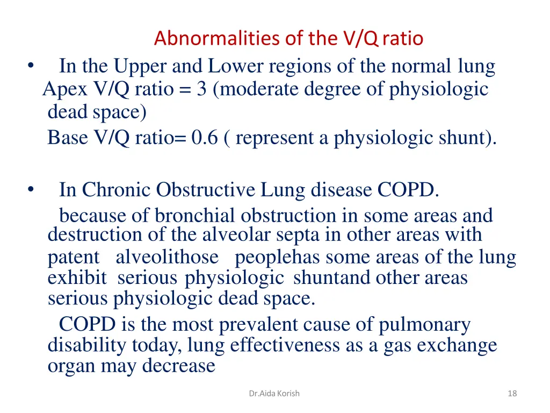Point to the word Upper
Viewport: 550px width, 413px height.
pos(143,67)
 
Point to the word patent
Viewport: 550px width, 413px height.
pos(74,258)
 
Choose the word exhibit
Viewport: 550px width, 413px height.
pos(77,278)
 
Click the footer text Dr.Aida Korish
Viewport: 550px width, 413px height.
pos(274,393)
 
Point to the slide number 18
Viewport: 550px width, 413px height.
pos(512,393)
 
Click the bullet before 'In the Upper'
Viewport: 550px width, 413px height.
pos(30,67)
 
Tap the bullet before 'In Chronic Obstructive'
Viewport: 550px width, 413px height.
pos(30,189)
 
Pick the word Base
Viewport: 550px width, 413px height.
pos(68,138)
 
